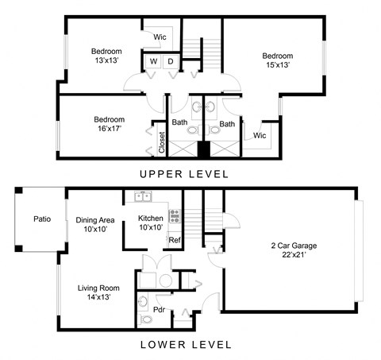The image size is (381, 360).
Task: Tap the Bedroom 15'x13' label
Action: pyautogui.click(x=278, y=60)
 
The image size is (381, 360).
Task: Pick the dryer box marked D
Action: pyautogui.click(x=171, y=61)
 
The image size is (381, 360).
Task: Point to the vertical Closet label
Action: pyautogui.click(x=161, y=141)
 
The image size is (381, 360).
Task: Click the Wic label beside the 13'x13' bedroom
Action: pyautogui.click(x=159, y=37)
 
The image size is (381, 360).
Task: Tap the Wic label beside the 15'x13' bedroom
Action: pyautogui.click(x=260, y=136)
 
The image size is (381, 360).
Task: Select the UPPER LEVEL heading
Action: pyautogui.click(x=184, y=174)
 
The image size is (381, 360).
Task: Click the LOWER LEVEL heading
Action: pyautogui.click(x=185, y=345)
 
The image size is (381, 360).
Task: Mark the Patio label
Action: pyautogui.click(x=42, y=219)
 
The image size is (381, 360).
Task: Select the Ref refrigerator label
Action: pyautogui.click(x=175, y=239)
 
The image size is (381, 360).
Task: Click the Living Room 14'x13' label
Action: pyautogui.click(x=98, y=292)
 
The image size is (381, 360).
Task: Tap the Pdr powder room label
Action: pyautogui.click(x=159, y=309)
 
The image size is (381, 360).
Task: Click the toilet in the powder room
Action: pyautogui.click(x=144, y=319)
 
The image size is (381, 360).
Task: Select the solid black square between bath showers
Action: pyautogui.click(x=203, y=148)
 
